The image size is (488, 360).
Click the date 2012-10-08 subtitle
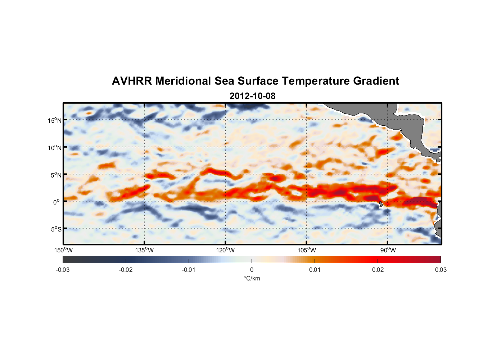pos(252,96)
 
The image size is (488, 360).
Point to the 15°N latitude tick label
pos(55,120)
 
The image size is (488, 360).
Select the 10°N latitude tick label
pos(55,148)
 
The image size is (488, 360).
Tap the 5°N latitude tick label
pos(56,175)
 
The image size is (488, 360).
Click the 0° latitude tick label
pos(57,202)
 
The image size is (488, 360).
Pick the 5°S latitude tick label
pos(56,229)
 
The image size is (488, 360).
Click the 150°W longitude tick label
pos(63,250)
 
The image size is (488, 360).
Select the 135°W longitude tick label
pos(144,250)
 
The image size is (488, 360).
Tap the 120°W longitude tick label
pos(225,250)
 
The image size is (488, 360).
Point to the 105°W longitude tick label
pos(307,250)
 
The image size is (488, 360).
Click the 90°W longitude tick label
pos(388,250)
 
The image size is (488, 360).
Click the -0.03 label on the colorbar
pos(63,270)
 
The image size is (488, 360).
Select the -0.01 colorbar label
pos(189,270)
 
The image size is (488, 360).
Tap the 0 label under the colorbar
pos(252,270)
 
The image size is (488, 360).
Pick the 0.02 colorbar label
pos(378,270)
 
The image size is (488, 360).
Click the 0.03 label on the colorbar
pos(440,270)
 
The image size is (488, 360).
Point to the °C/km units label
pos(252,279)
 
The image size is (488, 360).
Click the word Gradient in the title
pos(376,81)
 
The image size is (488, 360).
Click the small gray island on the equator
pos(381,204)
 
